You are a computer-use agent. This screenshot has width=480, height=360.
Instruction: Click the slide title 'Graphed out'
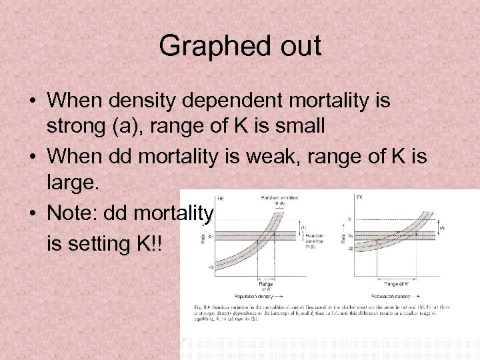click(x=240, y=47)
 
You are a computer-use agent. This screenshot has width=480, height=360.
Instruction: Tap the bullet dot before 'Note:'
click(x=32, y=213)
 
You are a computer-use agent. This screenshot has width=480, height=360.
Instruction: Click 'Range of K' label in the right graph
click(x=397, y=284)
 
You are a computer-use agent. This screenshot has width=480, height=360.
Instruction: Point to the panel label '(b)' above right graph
click(x=359, y=197)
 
